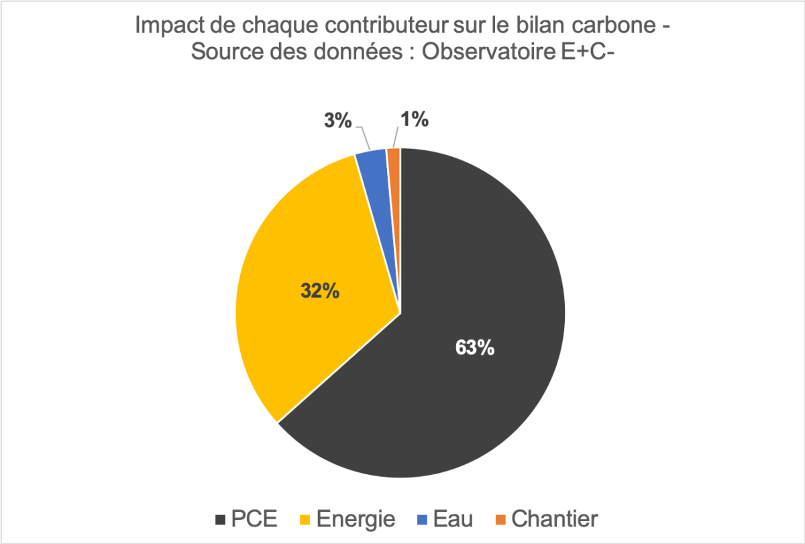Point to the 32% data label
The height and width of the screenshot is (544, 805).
tap(319, 292)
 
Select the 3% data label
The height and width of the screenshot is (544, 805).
tap(338, 121)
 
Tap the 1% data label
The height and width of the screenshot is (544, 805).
tap(415, 119)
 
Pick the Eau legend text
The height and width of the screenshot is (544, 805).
tap(453, 519)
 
